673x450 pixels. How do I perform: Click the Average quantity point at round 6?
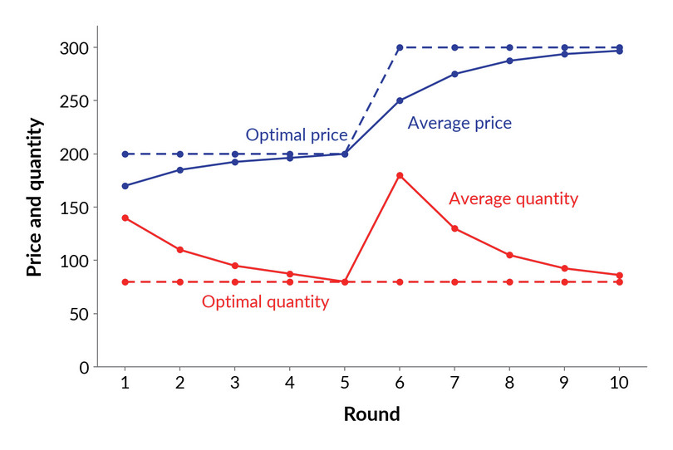coord(400,175)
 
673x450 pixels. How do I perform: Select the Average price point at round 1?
coord(125,186)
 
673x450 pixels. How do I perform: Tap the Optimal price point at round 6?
coord(400,47)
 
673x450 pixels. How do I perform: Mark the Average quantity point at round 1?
coord(125,218)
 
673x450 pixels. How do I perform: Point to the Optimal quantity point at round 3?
coord(235,281)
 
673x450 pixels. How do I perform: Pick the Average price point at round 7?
coord(454,74)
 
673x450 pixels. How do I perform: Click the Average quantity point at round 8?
coord(509,255)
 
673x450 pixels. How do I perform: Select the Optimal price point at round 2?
coord(179,154)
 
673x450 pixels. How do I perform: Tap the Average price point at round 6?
coord(400,100)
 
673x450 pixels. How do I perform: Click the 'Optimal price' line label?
coord(296,135)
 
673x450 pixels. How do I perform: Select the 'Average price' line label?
coord(459,124)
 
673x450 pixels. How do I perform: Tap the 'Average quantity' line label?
coord(513,199)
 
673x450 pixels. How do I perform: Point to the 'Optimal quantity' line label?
coord(265,302)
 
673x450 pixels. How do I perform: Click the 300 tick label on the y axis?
coord(74,48)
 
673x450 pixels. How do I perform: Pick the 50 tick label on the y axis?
coord(79,315)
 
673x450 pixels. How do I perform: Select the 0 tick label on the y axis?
coord(84,368)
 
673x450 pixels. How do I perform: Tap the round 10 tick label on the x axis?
coord(619,382)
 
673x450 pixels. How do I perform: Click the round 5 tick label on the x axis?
coord(345,382)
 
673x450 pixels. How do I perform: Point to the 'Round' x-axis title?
coord(371,414)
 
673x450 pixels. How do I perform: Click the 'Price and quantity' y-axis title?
coord(34,197)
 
